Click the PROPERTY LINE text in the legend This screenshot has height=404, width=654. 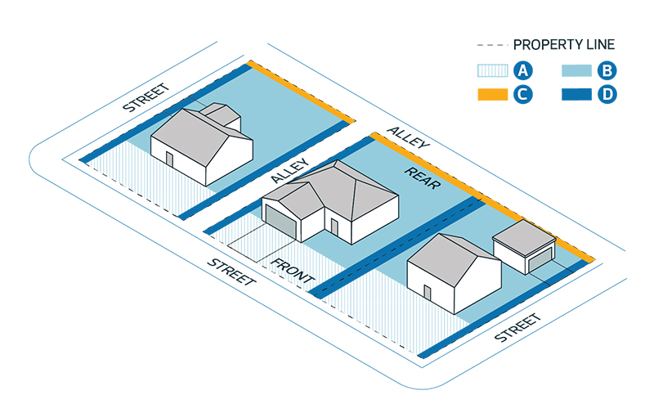tap(563, 45)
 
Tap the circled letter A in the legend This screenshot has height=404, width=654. tap(523, 71)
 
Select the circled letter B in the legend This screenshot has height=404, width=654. tap(606, 71)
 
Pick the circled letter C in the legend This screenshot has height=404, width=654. tap(523, 95)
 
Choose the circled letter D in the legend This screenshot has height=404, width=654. tap(606, 95)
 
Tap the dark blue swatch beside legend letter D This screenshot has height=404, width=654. tap(577, 95)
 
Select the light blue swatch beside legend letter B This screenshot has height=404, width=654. tap(577, 71)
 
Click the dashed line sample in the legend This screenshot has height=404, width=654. tap(493, 45)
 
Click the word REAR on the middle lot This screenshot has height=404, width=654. tap(423, 177)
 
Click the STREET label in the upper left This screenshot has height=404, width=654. tap(145, 97)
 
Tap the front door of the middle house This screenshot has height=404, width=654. tap(334, 227)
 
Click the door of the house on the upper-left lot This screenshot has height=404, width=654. tap(169, 158)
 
